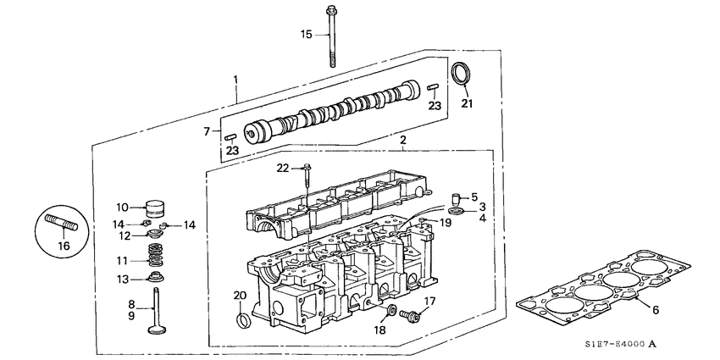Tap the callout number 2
pyautogui.click(x=403, y=139)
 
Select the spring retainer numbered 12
pyautogui.click(x=153, y=234)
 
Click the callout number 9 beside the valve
pyautogui.click(x=131, y=315)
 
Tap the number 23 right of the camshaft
pyautogui.click(x=435, y=106)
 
